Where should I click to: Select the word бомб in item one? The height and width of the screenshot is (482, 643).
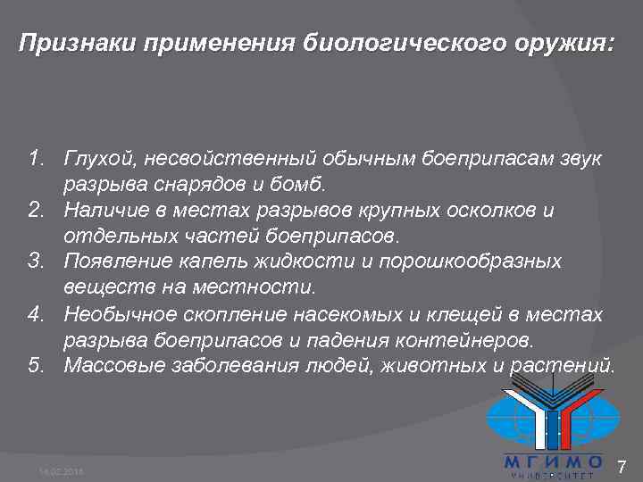click(305, 185)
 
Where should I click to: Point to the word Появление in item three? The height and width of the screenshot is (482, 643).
click(115, 262)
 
